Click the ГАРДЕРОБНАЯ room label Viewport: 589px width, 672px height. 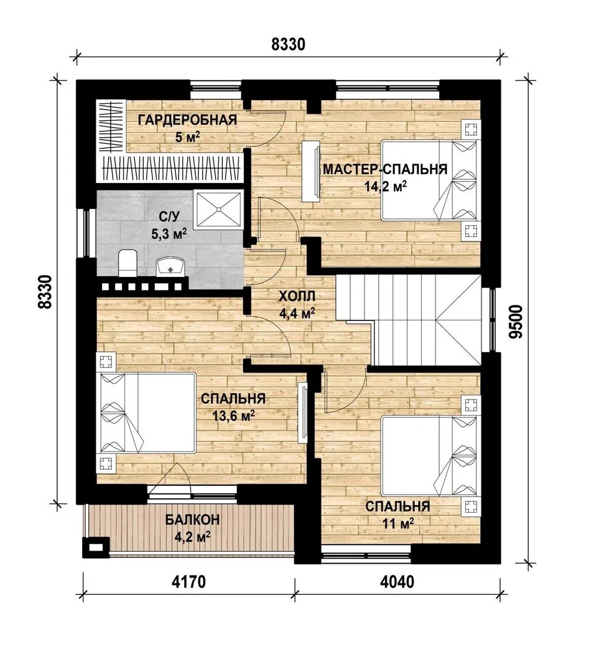187,119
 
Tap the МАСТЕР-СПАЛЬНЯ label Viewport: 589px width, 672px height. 385,169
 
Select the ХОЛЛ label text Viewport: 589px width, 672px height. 297,296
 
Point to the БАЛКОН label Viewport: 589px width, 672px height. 193,520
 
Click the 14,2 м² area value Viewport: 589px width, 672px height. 385,186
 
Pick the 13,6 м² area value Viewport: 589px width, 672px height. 233,415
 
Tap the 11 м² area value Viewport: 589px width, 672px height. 397,523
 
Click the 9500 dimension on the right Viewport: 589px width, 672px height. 517,322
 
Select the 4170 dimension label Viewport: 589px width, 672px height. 188,582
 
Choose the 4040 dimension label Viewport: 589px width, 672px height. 397,582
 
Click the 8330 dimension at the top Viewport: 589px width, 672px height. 289,44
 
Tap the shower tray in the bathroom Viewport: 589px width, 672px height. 218,209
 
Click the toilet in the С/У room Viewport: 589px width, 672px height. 127,263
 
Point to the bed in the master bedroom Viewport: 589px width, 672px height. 429,181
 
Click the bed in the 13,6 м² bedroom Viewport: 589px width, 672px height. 148,413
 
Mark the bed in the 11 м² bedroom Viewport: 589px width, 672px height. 429,457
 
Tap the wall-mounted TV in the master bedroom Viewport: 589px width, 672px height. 310,171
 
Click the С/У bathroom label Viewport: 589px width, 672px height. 169,217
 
